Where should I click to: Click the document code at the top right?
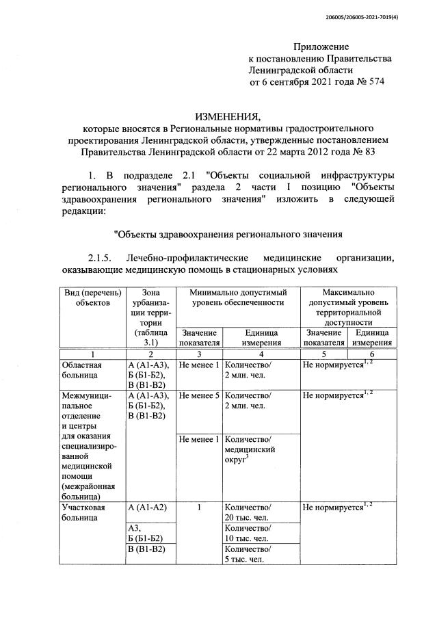click(x=367, y=17)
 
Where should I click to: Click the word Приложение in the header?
click(x=321, y=47)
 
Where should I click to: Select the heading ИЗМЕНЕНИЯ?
click(x=228, y=115)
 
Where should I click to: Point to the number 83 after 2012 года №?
click(x=369, y=151)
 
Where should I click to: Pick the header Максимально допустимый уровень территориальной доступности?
click(x=349, y=307)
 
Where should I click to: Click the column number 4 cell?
click(x=261, y=354)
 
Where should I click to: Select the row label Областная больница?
click(x=81, y=370)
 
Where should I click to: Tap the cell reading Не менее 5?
click(x=198, y=395)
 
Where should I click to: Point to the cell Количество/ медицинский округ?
click(x=250, y=450)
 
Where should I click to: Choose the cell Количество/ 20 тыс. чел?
click(x=248, y=513)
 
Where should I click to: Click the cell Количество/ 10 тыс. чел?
click(x=248, y=534)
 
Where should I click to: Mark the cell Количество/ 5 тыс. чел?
click(x=248, y=555)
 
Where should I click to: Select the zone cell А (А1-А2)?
click(x=148, y=508)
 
